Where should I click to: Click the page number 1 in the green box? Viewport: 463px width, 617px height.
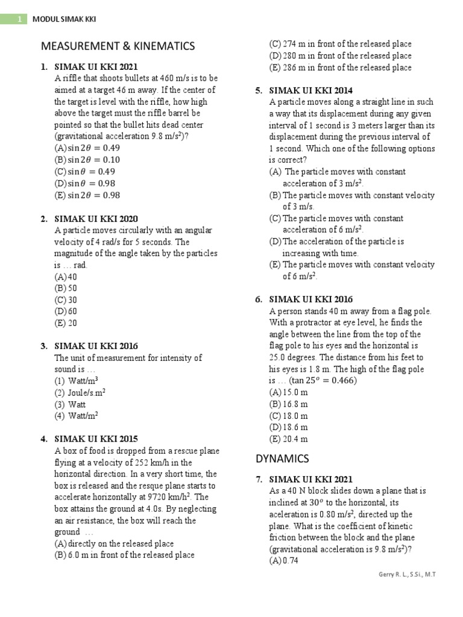(x=19, y=19)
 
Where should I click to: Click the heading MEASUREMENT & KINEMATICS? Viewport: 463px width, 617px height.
(x=118, y=46)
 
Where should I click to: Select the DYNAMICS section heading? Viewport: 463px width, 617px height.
(x=282, y=459)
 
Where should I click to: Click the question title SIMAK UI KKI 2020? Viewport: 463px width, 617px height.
(x=96, y=219)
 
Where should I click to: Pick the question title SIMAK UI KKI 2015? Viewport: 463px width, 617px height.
(x=96, y=439)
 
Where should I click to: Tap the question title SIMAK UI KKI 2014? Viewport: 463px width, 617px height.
(x=311, y=90)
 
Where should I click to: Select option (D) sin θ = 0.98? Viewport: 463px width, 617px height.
(x=85, y=183)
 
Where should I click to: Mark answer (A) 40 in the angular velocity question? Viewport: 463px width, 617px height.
(x=66, y=277)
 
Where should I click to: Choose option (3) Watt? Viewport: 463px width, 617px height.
(x=70, y=404)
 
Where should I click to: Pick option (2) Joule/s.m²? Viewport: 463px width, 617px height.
(x=80, y=392)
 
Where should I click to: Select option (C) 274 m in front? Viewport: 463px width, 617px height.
(x=341, y=44)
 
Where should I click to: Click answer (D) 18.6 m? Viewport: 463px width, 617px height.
(x=288, y=427)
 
